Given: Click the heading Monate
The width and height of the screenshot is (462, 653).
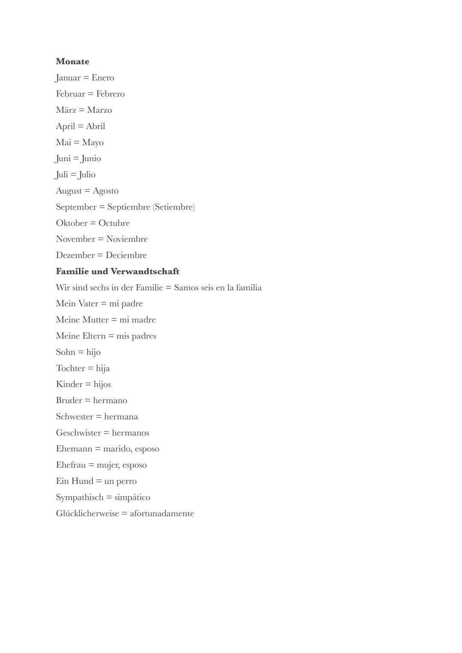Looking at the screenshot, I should click(72, 62).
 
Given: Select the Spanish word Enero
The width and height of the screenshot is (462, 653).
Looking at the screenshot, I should click(103, 78).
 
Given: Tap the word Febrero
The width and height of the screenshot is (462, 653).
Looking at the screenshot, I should click(110, 94).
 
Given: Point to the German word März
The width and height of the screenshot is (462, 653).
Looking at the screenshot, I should click(66, 110).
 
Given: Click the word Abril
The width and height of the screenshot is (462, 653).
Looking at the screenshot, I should click(95, 126).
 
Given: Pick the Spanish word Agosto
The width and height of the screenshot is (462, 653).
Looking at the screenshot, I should click(106, 191).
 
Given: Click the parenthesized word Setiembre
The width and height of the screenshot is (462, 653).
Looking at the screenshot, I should click(174, 207).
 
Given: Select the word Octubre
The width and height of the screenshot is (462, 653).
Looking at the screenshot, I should click(114, 223).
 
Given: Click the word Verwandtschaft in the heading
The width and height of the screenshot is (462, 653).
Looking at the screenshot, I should click(145, 271).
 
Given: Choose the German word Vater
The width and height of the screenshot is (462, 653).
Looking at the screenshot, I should click(88, 303).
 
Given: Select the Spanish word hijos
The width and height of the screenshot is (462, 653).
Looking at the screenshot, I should click(102, 384).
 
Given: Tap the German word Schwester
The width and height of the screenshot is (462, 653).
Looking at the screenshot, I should click(74, 417).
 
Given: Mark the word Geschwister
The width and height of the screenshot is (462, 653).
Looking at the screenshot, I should click(78, 433).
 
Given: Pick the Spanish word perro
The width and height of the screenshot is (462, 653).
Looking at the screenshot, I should click(127, 482).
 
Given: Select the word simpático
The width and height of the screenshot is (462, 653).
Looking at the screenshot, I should click(132, 497).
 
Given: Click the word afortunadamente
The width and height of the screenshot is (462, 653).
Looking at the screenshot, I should click(162, 514).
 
